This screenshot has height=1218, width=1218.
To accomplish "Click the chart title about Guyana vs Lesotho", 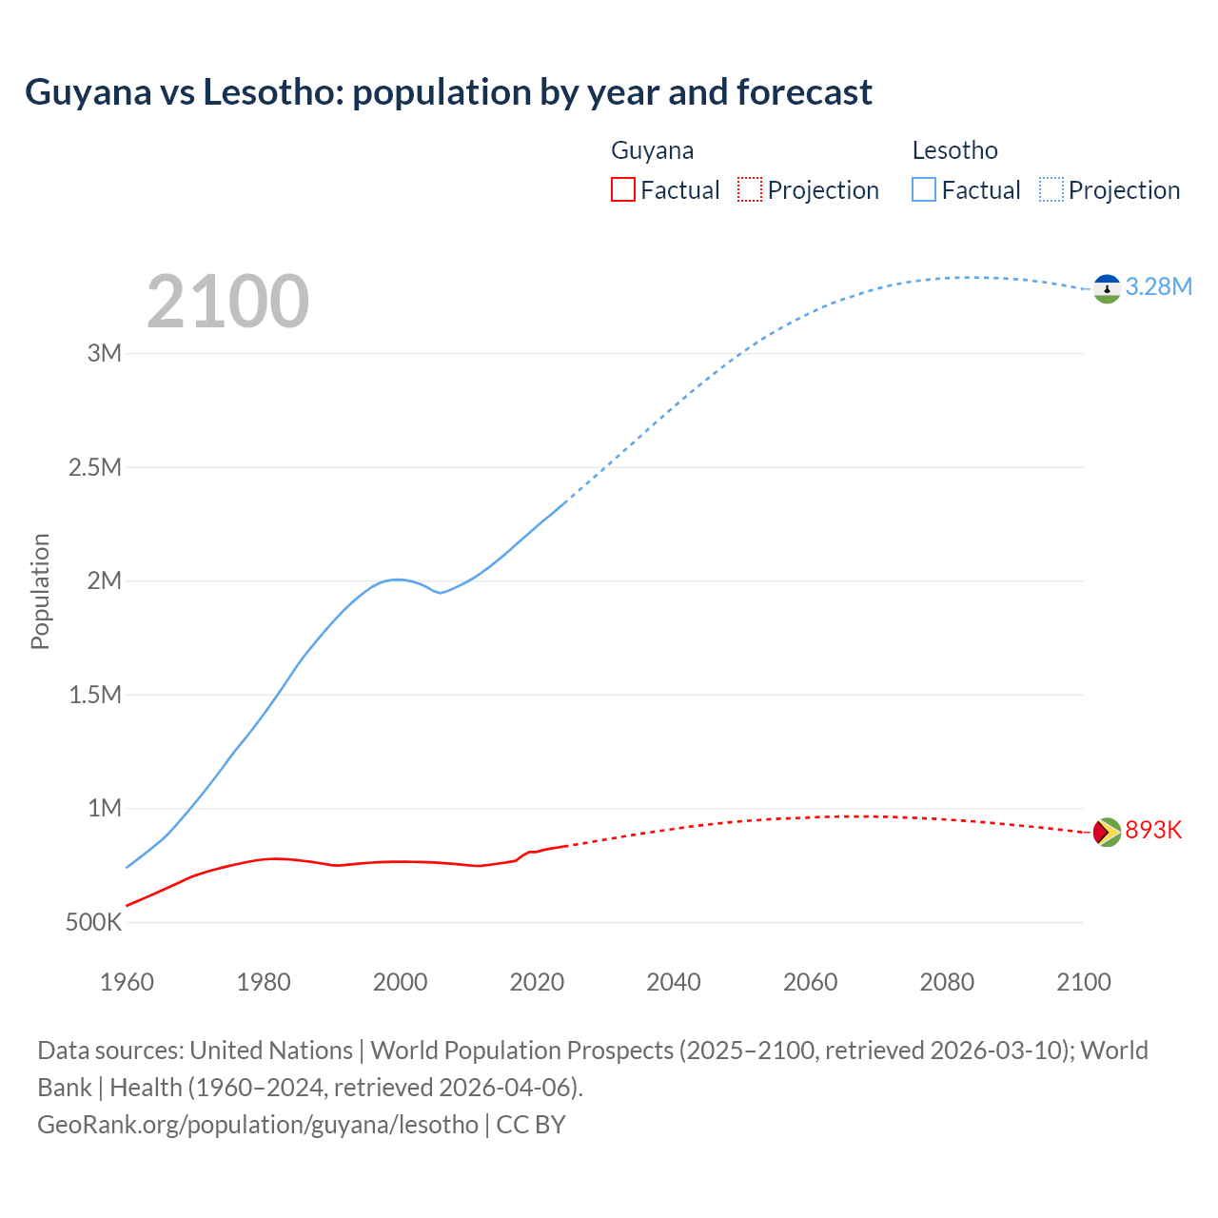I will coord(448,92).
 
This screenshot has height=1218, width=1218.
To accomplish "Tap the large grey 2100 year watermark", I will coord(227,302).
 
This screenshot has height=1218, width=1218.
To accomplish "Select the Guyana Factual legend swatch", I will coord(622,190).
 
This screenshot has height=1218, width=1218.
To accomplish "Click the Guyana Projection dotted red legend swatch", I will coord(750,190).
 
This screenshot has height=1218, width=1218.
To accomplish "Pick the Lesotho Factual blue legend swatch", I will coord(924,190).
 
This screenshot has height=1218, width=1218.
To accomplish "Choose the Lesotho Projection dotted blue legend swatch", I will coord(1051,190).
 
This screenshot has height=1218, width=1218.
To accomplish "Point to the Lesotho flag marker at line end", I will coord(1107,288).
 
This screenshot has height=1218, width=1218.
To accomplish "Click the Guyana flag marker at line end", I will coord(1107,832).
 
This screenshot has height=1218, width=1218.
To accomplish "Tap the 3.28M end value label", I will coord(1158,287).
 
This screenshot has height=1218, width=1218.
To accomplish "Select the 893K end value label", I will coord(1153,831).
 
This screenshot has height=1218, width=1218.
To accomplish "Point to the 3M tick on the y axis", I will coord(105,354).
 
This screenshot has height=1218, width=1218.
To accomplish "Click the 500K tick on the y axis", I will coord(93,923).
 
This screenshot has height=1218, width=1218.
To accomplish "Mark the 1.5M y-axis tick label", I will coord(95,696).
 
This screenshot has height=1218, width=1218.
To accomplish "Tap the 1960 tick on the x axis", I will coord(127,983).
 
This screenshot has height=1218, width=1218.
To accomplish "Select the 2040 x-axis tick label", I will coord(674,983).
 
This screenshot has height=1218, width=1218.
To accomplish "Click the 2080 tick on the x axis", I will coord(947,983).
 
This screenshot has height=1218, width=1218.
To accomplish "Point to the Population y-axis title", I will coord(40,591).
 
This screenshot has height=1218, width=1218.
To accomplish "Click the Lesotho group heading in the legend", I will coord(954,150).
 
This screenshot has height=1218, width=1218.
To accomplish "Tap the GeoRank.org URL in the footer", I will coord(258,1125).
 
